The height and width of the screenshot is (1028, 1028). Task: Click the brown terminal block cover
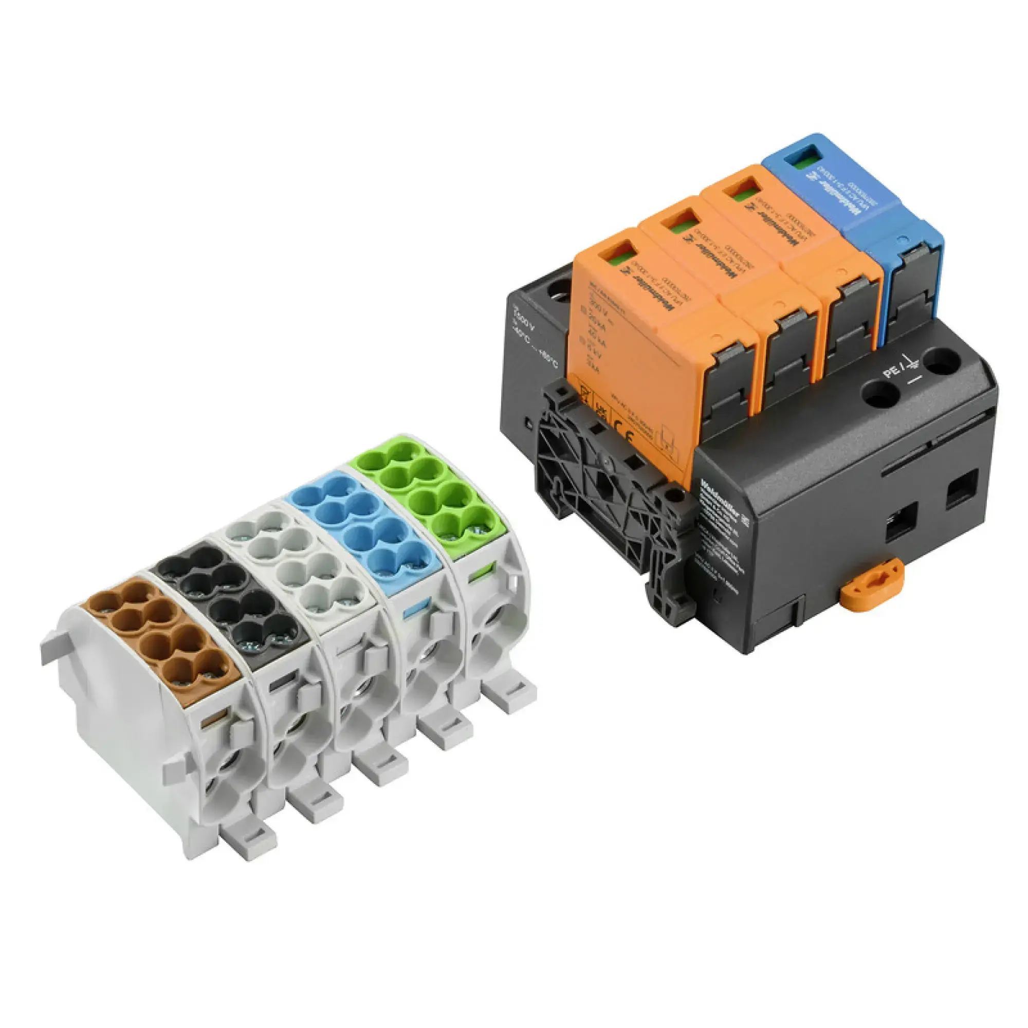point(160,638)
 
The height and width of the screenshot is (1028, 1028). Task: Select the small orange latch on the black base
point(872,588)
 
